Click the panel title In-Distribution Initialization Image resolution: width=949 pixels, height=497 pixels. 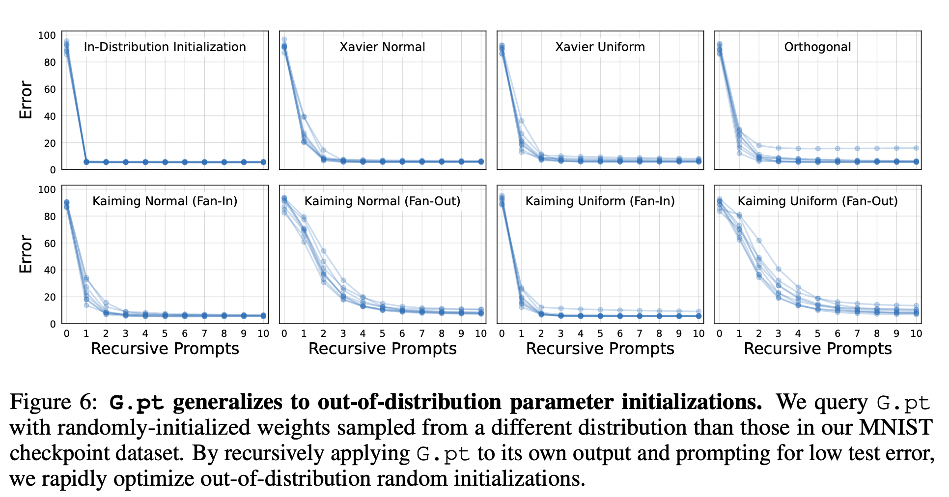coord(165,47)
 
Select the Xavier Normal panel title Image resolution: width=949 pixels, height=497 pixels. coord(383,47)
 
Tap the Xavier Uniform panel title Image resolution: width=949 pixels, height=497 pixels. coord(600,47)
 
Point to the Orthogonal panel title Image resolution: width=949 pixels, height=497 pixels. coord(818,47)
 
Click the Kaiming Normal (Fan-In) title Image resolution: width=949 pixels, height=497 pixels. coord(165,201)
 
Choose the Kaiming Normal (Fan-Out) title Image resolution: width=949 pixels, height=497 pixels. coord(383,201)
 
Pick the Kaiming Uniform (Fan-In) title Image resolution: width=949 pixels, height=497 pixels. coord(600,201)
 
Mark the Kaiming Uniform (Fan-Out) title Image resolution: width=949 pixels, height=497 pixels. coord(818,201)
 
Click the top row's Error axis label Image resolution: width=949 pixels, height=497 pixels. coord(26,100)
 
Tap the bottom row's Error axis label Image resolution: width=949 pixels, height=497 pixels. coord(26,254)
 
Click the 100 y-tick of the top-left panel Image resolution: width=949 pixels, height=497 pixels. coord(47,35)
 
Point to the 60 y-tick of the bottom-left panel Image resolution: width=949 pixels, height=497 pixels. coord(50,244)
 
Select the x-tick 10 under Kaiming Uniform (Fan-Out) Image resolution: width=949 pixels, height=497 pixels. coord(916,333)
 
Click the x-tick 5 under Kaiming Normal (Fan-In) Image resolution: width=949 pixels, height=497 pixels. coord(165,333)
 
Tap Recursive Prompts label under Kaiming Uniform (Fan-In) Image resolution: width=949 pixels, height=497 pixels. coord(600,349)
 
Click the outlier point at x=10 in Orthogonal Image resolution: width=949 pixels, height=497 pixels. coord(916,148)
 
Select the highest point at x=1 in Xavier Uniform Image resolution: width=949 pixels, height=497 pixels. coord(522,121)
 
